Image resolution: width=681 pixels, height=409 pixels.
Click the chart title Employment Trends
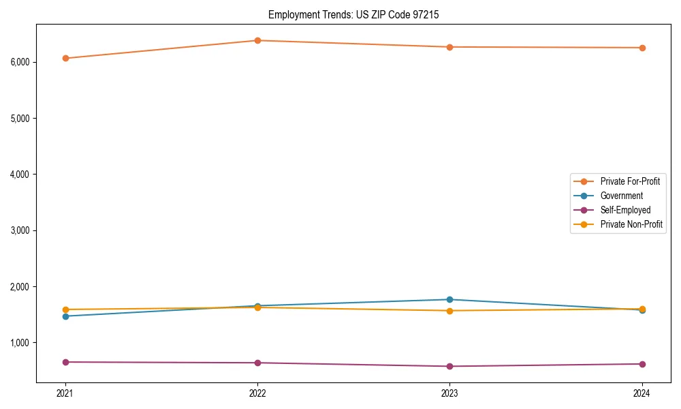(x=358, y=14)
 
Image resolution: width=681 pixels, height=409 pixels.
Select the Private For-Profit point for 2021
(x=65, y=58)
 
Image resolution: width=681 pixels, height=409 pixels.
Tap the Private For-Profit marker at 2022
(x=257, y=40)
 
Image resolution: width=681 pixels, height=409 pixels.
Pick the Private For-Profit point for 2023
(x=450, y=47)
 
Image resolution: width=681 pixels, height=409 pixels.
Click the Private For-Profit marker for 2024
(x=642, y=48)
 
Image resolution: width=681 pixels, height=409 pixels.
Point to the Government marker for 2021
(x=65, y=316)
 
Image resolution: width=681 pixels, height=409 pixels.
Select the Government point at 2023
(x=450, y=299)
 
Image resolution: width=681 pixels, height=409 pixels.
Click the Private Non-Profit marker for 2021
(x=65, y=309)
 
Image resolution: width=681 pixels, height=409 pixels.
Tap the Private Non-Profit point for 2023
(x=450, y=311)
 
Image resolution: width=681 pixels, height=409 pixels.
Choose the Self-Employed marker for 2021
(x=65, y=362)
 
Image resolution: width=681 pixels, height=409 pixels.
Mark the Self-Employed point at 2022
(x=257, y=363)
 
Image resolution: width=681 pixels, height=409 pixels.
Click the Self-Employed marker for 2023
(x=450, y=366)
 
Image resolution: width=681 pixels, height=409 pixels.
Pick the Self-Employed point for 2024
(x=642, y=364)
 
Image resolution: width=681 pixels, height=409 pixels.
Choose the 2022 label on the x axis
(x=257, y=393)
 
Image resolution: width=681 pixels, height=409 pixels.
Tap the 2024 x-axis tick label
(x=642, y=393)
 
